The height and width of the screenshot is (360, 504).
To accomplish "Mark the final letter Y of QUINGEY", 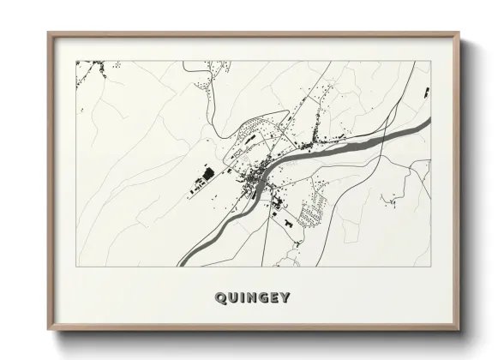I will click(285, 298).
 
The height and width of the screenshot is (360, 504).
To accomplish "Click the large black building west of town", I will click(205, 176).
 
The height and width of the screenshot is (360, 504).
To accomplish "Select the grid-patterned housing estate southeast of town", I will click(313, 206).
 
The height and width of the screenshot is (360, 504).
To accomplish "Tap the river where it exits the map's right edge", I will click(425, 125).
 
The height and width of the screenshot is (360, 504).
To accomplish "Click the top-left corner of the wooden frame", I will click(48, 33).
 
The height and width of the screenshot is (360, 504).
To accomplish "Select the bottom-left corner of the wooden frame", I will click(48, 330).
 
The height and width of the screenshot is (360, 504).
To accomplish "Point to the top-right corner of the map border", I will click(429, 61).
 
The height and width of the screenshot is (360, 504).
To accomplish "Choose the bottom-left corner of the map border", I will click(76, 267).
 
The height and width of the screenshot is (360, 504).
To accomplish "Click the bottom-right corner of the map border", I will click(429, 267).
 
